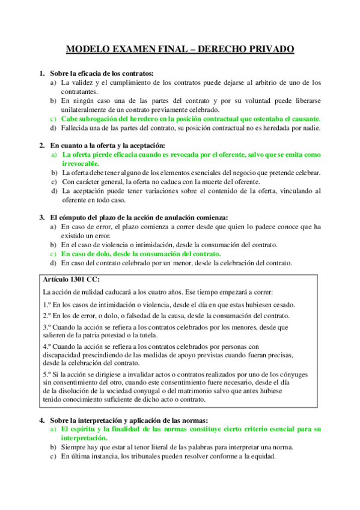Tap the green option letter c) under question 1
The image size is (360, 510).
[x=53, y=118]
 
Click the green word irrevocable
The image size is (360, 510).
[x=85, y=164]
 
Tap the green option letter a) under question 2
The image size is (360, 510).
[x=53, y=155]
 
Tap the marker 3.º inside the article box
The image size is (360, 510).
[x=48, y=327]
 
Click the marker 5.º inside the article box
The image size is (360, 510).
[x=48, y=374]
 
